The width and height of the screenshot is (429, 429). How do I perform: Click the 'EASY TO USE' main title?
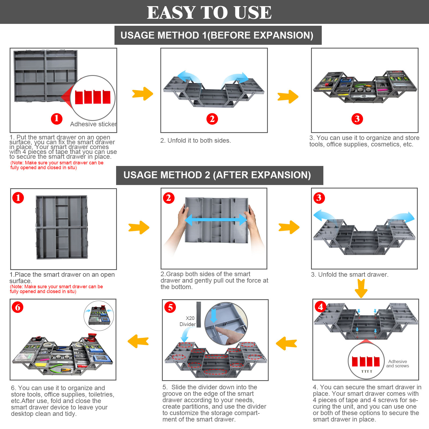[x=209, y=12]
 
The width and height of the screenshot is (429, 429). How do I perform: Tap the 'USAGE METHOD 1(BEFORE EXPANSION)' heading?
[x=217, y=35]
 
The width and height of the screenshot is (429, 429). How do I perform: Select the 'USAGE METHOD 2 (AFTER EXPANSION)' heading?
[x=217, y=175]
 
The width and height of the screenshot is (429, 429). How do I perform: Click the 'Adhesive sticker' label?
[x=93, y=124]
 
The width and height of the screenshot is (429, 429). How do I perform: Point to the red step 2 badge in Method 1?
[x=212, y=119]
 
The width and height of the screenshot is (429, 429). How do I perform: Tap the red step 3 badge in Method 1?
[x=357, y=119]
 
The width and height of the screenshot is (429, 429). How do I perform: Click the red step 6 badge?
[x=18, y=307]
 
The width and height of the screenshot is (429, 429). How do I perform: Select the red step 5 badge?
[x=170, y=307]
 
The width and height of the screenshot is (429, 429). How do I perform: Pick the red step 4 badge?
[x=321, y=307]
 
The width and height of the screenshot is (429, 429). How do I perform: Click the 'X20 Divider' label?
[x=188, y=321]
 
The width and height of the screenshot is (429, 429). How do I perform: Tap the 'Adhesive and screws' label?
[x=397, y=364]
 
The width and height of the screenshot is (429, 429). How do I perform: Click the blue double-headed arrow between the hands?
[x=216, y=220]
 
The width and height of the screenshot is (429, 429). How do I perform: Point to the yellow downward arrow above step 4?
[x=361, y=288]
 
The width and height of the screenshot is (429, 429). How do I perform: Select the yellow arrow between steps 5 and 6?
[x=138, y=341]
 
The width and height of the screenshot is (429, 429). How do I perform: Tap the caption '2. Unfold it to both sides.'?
[x=195, y=140]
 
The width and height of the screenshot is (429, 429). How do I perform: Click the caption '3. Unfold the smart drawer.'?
[x=350, y=275]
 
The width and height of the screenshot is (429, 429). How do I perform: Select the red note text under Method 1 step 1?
[x=57, y=165]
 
